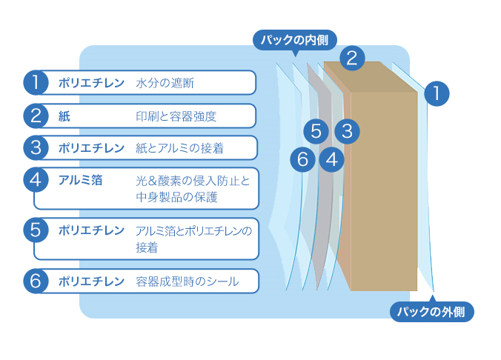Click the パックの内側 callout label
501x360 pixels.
tap(295, 39)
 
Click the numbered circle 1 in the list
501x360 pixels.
tap(35, 82)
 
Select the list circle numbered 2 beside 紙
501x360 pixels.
tap(35, 116)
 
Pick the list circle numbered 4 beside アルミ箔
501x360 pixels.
tap(35, 180)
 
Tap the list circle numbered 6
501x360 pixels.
tap(35, 281)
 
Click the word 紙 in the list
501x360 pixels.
tap(64, 116)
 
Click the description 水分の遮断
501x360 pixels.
tap(165, 83)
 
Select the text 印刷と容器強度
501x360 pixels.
tap(176, 116)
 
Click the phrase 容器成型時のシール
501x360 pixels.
tap(187, 281)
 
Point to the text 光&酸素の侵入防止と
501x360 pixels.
tap(193, 181)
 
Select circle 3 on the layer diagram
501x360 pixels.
tap(346, 132)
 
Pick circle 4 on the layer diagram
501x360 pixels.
tap(331, 159)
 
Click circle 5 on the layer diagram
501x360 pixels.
tap(316, 132)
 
